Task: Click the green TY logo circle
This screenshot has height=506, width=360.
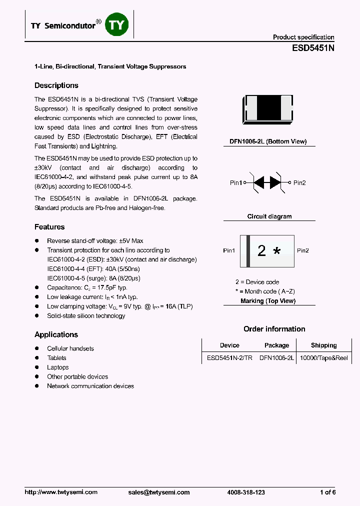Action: (x=116, y=25)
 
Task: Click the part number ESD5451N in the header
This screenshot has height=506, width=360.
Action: (x=313, y=48)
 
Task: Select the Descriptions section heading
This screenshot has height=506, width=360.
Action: (x=56, y=85)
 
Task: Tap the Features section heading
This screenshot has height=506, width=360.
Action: (x=49, y=227)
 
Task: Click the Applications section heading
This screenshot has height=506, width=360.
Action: (x=56, y=334)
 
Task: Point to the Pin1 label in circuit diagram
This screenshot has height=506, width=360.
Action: (x=236, y=183)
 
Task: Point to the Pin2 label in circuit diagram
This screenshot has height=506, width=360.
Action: (x=299, y=183)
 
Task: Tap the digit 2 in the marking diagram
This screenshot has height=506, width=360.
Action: (x=261, y=250)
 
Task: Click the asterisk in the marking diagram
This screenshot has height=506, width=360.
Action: (x=276, y=251)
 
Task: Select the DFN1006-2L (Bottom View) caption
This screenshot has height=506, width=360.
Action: (x=268, y=142)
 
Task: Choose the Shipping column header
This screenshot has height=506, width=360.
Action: (x=323, y=345)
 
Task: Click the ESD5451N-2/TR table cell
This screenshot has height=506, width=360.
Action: (x=229, y=358)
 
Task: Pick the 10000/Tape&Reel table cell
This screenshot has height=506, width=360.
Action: (x=323, y=358)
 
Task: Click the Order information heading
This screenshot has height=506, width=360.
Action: (x=274, y=329)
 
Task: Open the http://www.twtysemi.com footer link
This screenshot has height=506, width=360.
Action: (x=61, y=492)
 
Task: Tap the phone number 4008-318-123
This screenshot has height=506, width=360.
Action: (x=246, y=492)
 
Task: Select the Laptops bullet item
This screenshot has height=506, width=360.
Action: (x=57, y=367)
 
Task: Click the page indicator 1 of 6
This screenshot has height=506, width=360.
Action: (x=327, y=492)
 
